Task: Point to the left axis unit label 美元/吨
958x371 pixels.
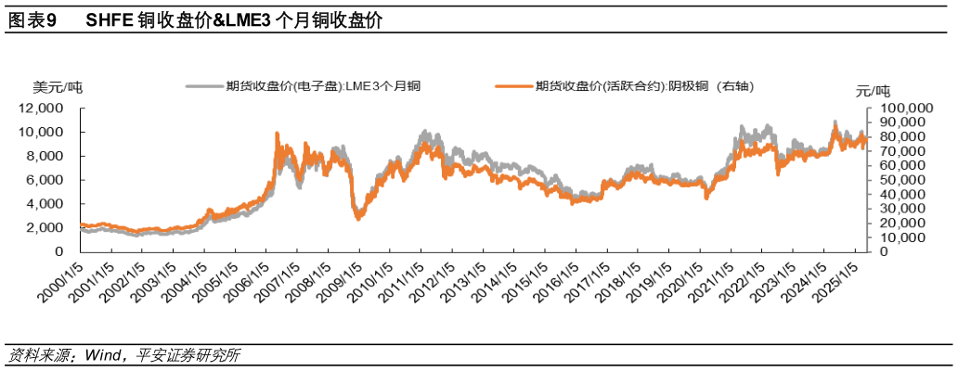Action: pyautogui.click(x=58, y=88)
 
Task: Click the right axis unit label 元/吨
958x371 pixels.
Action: pyautogui.click(x=873, y=90)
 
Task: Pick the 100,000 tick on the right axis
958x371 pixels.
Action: pyautogui.click(x=898, y=109)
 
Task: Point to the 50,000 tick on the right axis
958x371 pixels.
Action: pyautogui.click(x=896, y=180)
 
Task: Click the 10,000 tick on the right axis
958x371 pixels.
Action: pyautogui.click(x=896, y=237)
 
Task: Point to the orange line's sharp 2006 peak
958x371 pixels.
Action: pyautogui.click(x=277, y=134)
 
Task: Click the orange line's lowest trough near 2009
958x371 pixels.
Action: pyautogui.click(x=359, y=218)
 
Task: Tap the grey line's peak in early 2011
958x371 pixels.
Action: pyautogui.click(x=424, y=132)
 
